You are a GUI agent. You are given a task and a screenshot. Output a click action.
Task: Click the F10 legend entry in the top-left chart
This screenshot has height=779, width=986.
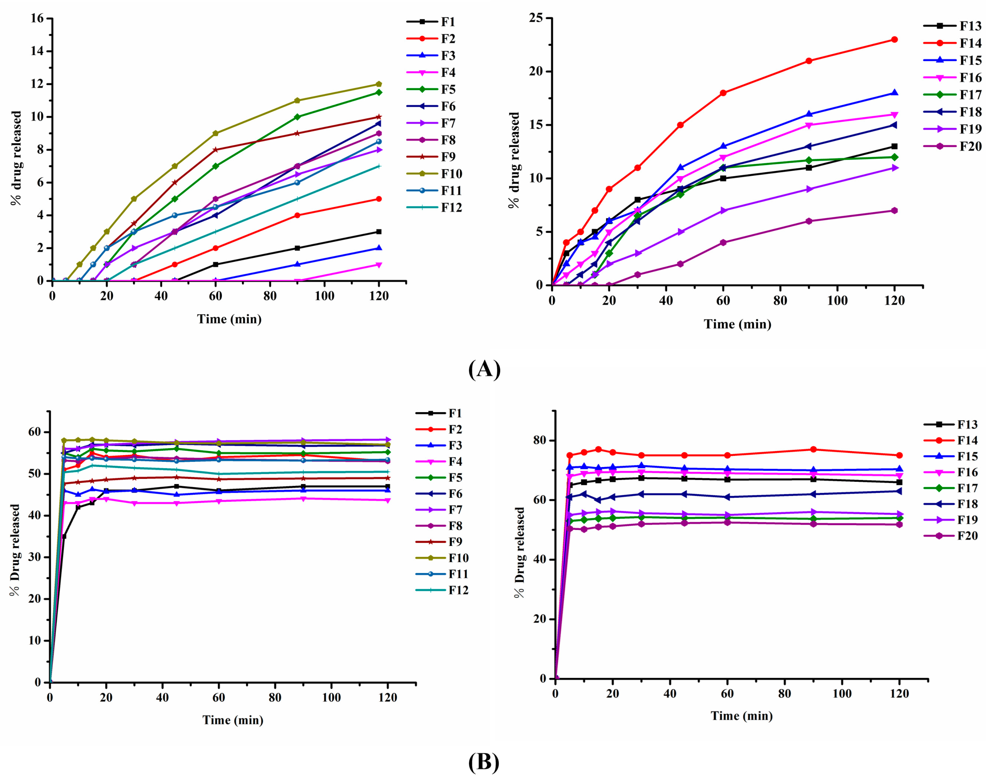coord(451,174)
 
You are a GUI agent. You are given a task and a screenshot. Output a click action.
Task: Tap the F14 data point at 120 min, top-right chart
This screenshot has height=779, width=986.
coord(894,40)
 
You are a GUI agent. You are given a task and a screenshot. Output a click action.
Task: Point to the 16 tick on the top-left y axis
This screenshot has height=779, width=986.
coord(37,19)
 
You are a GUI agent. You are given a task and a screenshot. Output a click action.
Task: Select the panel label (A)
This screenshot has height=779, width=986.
coord(484,369)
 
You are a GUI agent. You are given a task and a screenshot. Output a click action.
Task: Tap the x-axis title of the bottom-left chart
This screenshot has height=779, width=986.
coord(233,720)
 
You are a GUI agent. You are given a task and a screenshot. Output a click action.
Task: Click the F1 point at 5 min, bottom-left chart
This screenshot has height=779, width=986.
coord(64,536)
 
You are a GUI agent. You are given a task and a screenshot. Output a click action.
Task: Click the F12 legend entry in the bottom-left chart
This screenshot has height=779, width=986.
coord(458,590)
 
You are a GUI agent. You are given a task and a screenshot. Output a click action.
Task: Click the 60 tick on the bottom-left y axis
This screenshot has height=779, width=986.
coord(34,432)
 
